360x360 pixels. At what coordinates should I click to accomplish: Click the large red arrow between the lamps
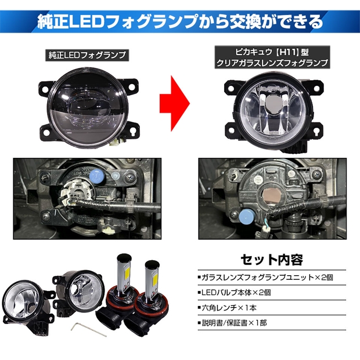175,103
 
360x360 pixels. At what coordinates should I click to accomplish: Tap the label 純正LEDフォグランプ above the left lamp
87,55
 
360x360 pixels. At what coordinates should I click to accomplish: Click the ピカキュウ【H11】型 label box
272,57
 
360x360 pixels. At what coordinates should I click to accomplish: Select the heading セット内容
272,260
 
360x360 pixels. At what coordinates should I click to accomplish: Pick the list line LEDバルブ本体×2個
235,293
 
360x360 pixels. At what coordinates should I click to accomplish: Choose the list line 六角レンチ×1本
227,308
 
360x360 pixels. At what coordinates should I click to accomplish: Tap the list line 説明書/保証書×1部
232,323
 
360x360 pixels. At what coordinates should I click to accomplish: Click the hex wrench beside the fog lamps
89,329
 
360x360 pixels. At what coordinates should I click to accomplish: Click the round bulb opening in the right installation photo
272,196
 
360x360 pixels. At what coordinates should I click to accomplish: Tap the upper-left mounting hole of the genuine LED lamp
45,88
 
